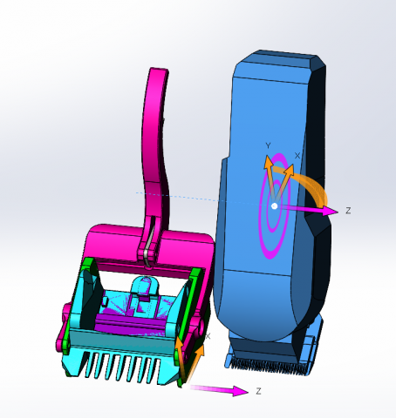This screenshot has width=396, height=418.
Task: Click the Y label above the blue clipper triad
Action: tap(268, 145)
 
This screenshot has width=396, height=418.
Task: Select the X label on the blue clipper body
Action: tap(297, 156)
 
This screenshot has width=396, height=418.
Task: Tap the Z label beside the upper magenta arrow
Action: tap(348, 211)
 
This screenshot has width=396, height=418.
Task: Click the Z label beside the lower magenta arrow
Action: tap(258, 391)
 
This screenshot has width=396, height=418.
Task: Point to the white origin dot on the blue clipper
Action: tap(274, 206)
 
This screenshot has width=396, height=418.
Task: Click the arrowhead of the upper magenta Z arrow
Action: tap(330, 211)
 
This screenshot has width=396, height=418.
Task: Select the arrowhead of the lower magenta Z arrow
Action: tap(240, 391)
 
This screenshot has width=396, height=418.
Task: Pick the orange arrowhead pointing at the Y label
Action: tap(268, 162)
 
